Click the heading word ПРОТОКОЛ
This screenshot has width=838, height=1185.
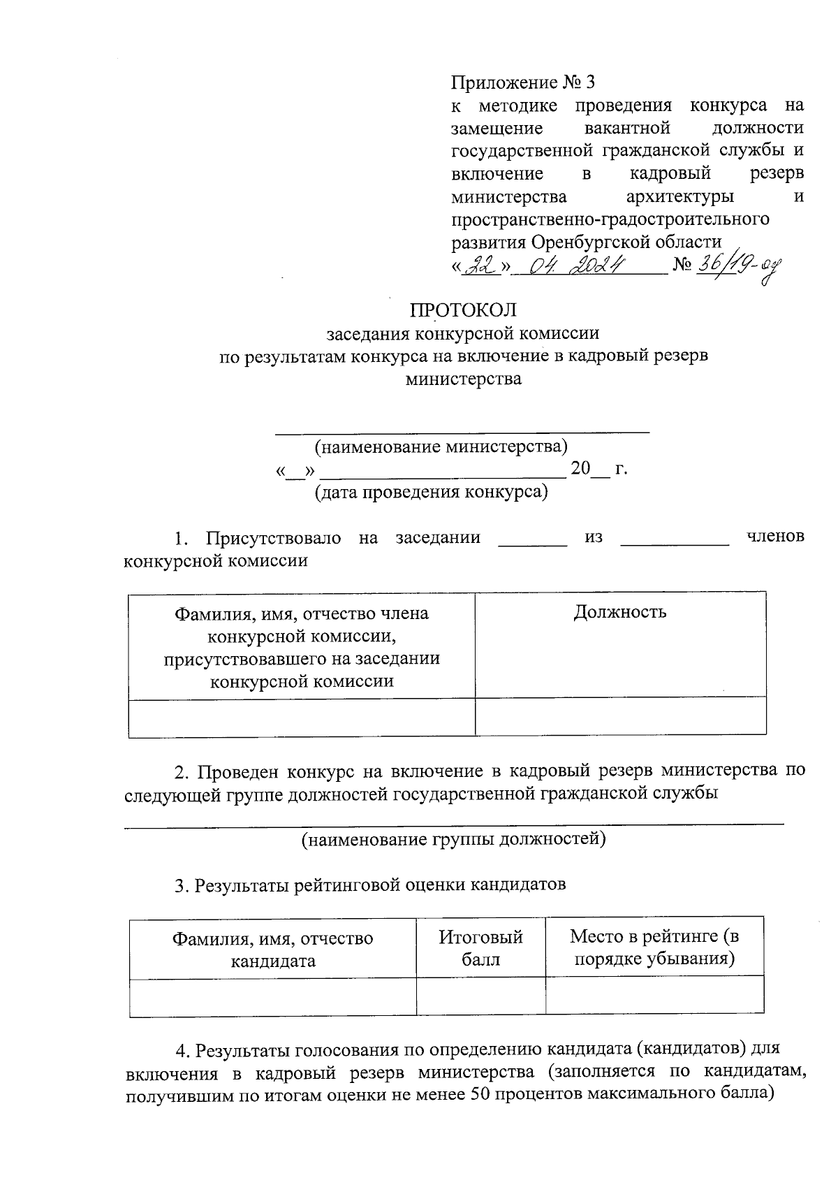(464, 310)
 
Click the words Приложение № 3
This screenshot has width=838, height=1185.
(523, 83)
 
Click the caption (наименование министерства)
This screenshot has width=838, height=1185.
(441, 446)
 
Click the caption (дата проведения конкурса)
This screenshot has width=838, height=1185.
(431, 492)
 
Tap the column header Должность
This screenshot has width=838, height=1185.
(620, 613)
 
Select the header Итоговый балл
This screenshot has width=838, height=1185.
(480, 947)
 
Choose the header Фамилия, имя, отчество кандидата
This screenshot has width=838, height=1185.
(273, 949)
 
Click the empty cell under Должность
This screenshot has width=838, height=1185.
(620, 716)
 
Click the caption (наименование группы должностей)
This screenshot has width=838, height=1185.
(453, 838)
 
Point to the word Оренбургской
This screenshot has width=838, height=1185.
(591, 242)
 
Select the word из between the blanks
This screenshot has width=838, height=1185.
(594, 537)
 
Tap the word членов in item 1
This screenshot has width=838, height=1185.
(775, 537)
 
